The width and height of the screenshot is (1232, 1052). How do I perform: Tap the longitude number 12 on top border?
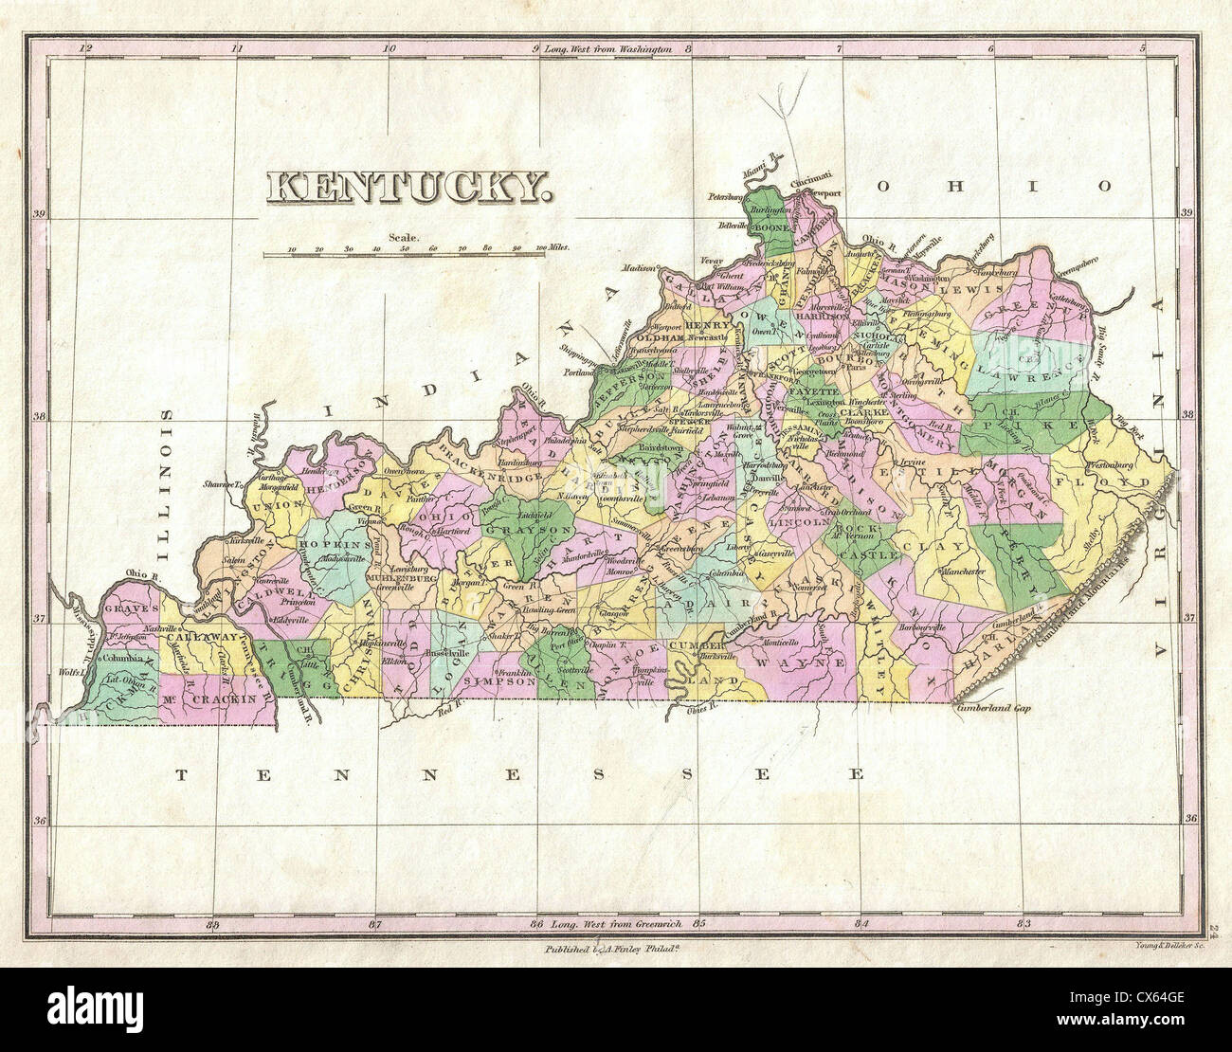click(87, 47)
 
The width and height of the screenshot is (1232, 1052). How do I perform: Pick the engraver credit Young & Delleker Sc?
click(1167, 946)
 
